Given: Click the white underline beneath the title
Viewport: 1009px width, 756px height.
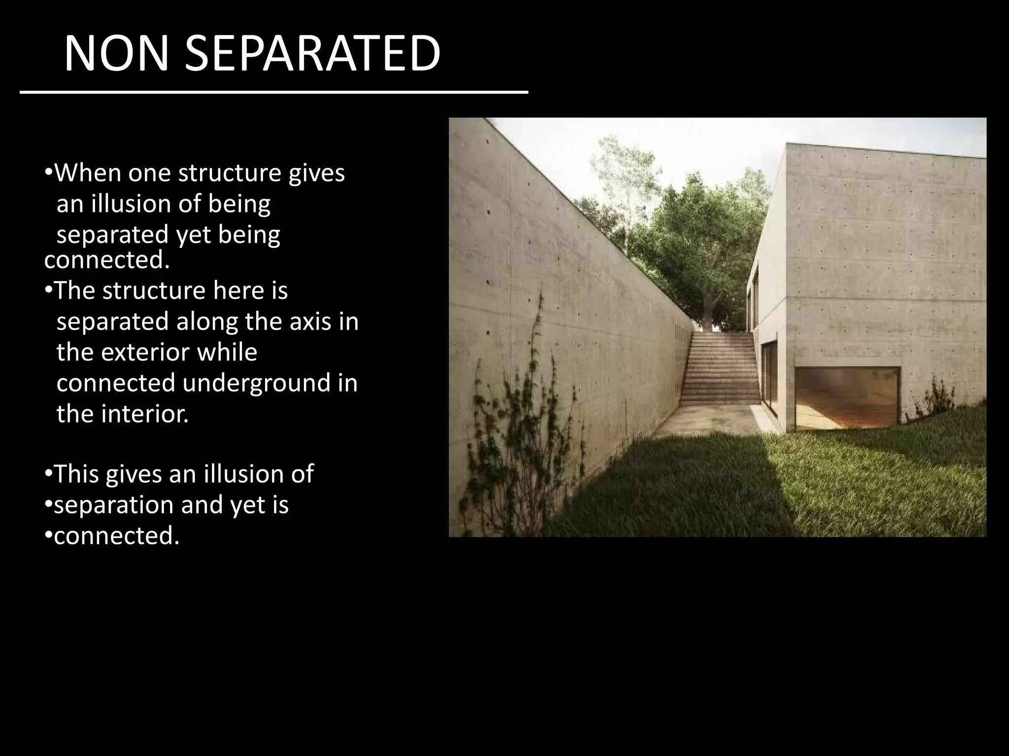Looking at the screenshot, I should (273, 92).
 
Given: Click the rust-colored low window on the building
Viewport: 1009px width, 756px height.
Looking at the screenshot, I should (847, 399).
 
